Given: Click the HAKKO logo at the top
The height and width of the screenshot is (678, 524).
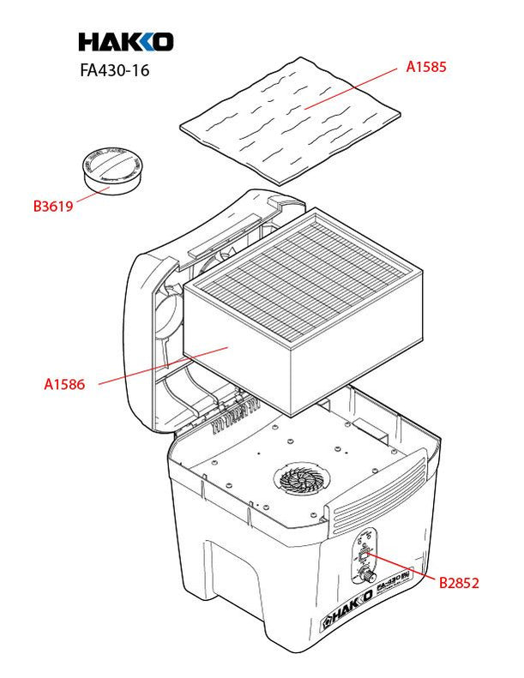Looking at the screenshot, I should (x=125, y=41).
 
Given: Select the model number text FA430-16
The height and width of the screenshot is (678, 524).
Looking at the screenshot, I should (x=114, y=71).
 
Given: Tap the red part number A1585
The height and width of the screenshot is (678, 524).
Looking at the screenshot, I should (x=427, y=65).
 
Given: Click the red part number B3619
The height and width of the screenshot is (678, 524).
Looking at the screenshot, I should (x=52, y=206).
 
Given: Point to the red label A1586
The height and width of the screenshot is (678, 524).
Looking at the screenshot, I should (x=64, y=385).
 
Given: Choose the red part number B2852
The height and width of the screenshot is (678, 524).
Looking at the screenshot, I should (x=459, y=584).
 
